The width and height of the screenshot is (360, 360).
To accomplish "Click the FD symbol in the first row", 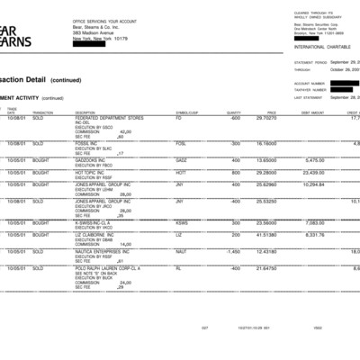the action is click(x=178, y=118).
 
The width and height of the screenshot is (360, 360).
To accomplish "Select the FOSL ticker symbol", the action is click(x=181, y=143).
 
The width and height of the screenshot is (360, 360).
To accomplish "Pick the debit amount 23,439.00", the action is click(x=314, y=171).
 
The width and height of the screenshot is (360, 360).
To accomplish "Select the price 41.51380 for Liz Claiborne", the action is click(x=266, y=235).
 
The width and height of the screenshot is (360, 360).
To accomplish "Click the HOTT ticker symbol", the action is click(x=181, y=171).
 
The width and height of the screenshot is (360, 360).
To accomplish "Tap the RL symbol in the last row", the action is click(x=178, y=267).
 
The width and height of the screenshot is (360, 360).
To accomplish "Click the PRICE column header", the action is click(x=271, y=112).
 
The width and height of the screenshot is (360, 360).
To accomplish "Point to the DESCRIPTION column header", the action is click(x=86, y=112).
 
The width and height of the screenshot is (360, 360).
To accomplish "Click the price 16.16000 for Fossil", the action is click(x=266, y=143).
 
